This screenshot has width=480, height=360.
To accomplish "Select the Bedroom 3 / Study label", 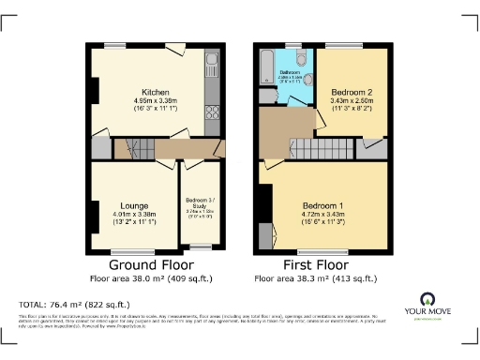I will coord(198,203).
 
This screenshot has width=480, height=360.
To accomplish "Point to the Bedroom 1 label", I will coord(322,206).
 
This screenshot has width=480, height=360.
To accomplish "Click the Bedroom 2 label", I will coord(352,92).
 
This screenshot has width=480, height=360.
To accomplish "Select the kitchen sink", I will coord(212,67).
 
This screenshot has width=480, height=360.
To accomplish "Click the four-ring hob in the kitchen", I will coord(212,113).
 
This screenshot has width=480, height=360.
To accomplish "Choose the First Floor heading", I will coord(321,265).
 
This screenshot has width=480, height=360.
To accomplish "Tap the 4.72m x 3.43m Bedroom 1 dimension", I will coord(322,215).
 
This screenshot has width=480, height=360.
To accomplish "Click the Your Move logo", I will coord(437,306).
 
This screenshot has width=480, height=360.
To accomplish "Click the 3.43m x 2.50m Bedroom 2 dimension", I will coord(352,100).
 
